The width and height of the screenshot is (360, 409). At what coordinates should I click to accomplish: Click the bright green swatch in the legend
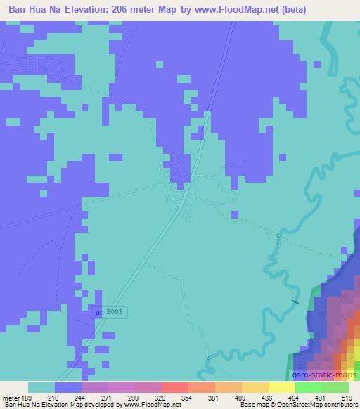pos(309,387)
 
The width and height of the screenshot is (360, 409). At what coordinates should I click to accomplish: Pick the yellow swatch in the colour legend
pos(281,387)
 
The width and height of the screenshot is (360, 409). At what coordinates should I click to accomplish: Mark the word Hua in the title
pos(40,9)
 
